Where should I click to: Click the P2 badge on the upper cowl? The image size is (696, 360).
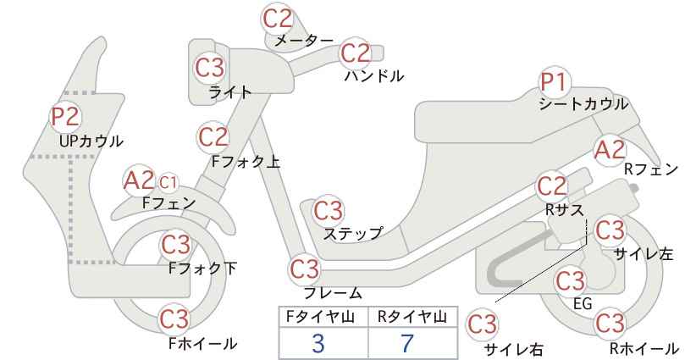tap(66, 116)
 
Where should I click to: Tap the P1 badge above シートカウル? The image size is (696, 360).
tap(554, 82)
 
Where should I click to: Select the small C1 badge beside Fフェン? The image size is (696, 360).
tap(168, 182)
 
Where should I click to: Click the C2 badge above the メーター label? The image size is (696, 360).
tap(278, 19)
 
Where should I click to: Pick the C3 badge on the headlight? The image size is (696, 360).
tap(210, 68)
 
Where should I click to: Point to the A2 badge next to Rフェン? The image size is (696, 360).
tap(609, 150)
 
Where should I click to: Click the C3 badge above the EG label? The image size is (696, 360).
tap(571, 281)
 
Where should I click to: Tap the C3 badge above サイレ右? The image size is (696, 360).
tap(482, 325)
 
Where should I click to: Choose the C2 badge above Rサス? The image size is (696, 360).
tap(552, 187)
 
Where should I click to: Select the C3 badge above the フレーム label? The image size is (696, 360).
tap(305, 269)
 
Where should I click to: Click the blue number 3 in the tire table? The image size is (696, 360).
tap(318, 344)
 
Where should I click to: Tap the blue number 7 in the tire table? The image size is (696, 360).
tap(406, 344)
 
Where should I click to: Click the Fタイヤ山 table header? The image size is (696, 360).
tap(320, 317)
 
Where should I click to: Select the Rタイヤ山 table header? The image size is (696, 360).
tap(412, 317)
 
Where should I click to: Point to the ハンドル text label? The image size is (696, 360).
tap(374, 76)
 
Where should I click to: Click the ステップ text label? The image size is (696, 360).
tap(352, 234)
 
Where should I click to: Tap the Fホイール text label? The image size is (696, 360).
tap(203, 344)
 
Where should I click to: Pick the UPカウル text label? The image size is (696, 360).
tap(91, 141)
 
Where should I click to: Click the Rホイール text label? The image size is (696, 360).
tap(644, 348)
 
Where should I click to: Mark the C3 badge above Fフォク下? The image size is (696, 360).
tap(175, 245)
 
